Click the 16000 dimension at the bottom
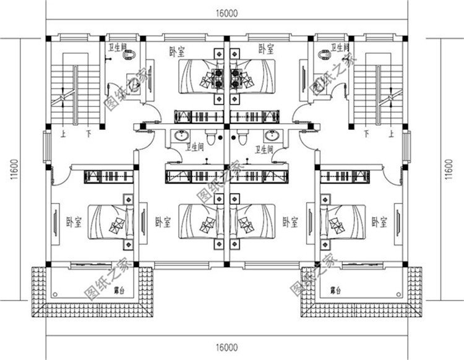pos(227,348)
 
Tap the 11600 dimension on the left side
pos(13,168)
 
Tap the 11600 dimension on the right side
pos(450,168)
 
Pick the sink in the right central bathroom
pos(270,137)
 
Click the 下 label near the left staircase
pos(88,132)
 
